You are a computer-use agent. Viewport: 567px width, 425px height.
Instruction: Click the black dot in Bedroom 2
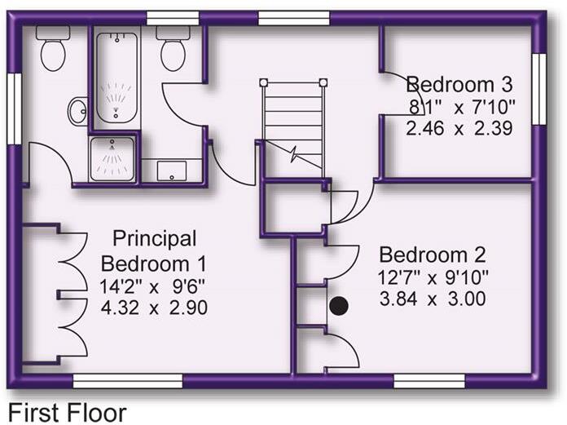coord(338,306)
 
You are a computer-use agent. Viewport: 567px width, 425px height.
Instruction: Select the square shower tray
coord(112,157)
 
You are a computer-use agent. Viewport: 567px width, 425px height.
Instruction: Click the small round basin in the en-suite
coord(78,110)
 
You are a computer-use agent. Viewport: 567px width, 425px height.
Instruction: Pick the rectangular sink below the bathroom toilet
coord(171,170)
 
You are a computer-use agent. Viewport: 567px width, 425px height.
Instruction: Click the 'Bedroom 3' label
coord(461,85)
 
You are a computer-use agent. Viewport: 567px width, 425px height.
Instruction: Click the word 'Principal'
coord(155,239)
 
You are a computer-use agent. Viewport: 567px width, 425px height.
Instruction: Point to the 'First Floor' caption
coord(67,412)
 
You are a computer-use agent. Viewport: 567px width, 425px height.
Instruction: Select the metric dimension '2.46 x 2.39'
coord(461,128)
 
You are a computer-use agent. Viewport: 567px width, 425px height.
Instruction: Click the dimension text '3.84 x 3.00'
coord(433,299)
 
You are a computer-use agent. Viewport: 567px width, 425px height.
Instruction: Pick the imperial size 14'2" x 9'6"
coord(154,286)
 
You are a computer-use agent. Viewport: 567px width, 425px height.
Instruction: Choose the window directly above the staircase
coord(293,18)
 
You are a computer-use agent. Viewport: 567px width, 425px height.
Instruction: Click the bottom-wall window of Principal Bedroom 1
coord(127,380)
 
